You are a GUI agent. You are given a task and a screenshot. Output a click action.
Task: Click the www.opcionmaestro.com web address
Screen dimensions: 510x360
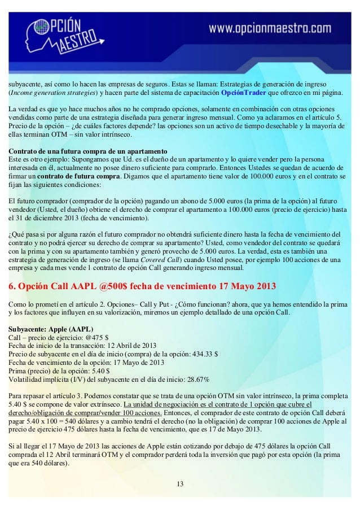pyautogui.click(x=270, y=29)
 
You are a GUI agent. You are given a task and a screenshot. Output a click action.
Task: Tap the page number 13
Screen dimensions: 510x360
pyautogui.click(x=180, y=484)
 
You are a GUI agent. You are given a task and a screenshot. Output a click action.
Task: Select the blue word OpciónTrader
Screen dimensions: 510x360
pyautogui.click(x=244, y=93)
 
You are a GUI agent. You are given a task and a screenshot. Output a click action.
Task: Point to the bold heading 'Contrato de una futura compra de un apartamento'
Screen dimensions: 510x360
pyautogui.click(x=87, y=152)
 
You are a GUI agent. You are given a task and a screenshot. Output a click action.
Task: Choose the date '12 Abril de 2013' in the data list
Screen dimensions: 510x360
pyautogui.click(x=128, y=346)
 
